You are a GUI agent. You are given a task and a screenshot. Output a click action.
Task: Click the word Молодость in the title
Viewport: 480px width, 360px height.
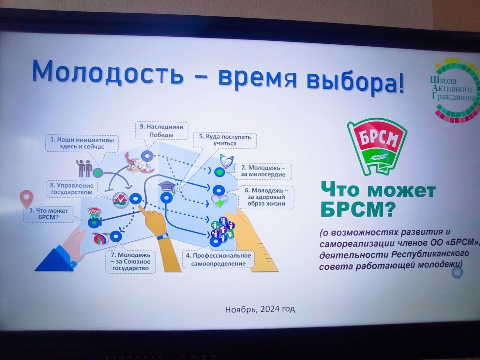(108, 72)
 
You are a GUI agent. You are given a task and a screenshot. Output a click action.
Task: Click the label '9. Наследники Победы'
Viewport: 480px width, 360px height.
(161, 131)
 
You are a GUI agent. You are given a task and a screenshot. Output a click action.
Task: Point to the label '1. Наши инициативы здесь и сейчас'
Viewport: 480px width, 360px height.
(82, 143)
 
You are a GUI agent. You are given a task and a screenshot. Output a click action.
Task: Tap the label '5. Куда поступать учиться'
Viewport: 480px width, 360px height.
(225, 140)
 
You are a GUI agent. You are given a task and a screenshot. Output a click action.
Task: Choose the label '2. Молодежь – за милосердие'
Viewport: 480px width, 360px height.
(263, 171)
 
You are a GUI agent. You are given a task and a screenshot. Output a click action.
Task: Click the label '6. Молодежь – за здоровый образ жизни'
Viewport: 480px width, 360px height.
(266, 197)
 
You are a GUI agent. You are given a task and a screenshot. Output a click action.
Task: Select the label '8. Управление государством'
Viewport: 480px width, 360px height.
(72, 189)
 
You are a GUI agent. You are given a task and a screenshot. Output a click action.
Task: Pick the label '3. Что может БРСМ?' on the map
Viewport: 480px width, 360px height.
(48, 214)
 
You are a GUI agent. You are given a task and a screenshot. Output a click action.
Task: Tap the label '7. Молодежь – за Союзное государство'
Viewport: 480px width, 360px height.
(130, 261)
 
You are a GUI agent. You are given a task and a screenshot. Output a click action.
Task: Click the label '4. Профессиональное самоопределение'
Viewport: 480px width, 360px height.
(218, 259)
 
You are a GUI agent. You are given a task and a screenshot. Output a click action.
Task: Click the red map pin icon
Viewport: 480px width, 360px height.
(27, 198)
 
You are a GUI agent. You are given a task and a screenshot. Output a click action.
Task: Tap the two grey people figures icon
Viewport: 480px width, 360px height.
(84, 168)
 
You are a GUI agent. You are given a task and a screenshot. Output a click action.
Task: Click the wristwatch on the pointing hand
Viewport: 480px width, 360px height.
(162, 236)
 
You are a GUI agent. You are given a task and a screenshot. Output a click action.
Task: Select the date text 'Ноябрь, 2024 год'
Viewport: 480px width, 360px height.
(260, 309)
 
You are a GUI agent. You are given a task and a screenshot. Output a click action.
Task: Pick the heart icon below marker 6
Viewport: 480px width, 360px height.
(219, 201)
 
